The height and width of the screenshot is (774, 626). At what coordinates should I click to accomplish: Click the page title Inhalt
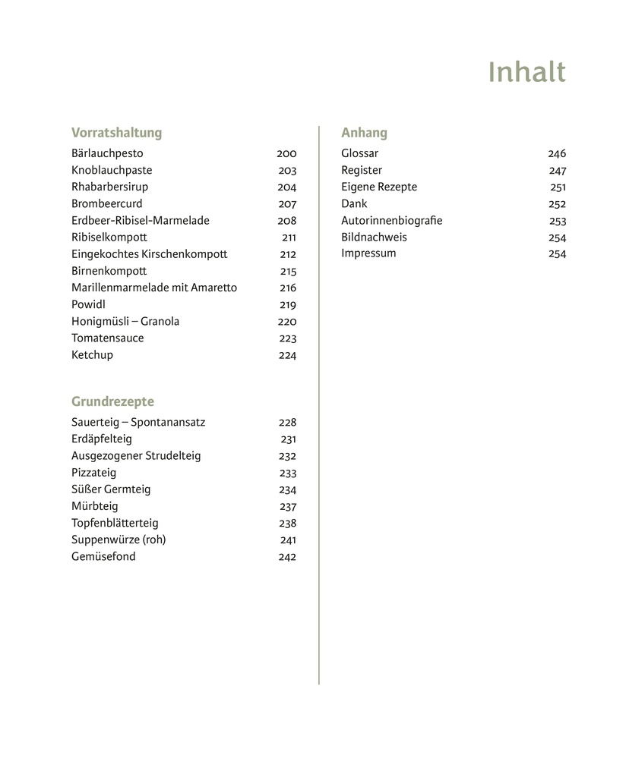click(x=526, y=72)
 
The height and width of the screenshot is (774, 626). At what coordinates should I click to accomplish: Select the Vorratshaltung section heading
click(x=116, y=133)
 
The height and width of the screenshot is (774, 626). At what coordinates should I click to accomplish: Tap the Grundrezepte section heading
click(x=112, y=401)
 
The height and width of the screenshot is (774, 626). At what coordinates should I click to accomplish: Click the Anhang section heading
click(x=364, y=133)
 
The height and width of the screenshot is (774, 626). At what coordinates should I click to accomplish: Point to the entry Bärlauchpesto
click(x=107, y=153)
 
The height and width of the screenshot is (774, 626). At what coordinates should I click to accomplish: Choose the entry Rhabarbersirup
click(x=109, y=187)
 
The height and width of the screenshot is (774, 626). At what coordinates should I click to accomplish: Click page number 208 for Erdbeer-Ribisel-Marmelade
click(x=286, y=221)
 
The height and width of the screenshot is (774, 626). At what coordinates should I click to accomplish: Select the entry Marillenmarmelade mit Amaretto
click(x=154, y=288)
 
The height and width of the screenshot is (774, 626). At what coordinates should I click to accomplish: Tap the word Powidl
click(x=88, y=304)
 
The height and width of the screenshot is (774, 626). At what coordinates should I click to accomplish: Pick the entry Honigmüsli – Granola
click(x=125, y=321)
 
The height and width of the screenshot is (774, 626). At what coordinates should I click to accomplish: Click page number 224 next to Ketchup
click(x=286, y=355)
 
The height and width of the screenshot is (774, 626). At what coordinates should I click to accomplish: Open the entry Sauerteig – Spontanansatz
click(x=138, y=422)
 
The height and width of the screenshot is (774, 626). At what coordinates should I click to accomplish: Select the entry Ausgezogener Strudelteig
click(x=136, y=455)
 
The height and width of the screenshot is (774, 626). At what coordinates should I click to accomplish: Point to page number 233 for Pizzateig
click(x=287, y=473)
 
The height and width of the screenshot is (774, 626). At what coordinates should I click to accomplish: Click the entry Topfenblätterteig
click(x=115, y=523)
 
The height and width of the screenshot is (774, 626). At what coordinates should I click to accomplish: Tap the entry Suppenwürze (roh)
click(x=119, y=540)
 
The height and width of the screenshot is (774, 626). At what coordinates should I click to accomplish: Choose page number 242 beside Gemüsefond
click(x=286, y=557)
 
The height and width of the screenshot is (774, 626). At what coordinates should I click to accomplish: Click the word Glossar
click(x=359, y=153)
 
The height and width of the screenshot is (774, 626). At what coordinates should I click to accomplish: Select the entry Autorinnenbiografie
click(x=391, y=221)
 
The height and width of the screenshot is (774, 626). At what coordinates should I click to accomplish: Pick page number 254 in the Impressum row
click(x=557, y=254)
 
